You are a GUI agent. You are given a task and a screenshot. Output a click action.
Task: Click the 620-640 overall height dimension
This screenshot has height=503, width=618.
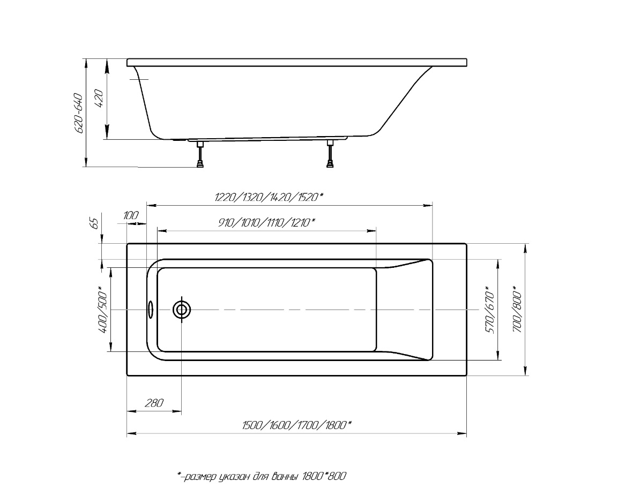coord(78,114)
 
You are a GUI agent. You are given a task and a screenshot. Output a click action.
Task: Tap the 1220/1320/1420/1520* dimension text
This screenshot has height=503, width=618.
coord(269,197)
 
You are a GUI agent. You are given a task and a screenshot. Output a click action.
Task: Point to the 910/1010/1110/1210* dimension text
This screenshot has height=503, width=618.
coord(266,222)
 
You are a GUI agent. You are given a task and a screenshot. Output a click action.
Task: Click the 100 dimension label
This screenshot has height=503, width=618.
coord(131,215)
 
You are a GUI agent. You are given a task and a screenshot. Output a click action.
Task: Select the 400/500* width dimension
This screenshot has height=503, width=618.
coord(102,311)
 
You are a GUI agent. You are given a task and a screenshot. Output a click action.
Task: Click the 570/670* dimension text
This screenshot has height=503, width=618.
coord(489,311)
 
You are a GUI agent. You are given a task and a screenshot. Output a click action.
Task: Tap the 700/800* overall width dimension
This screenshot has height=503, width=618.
coord(517,309)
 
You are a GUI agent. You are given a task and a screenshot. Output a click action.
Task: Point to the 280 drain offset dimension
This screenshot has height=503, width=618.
coord(154,403)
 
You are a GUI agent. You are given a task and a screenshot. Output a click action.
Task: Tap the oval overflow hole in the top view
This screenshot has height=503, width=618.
coord(151,309)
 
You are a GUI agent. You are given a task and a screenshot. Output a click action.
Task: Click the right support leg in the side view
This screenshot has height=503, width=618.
coord(330,155)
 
